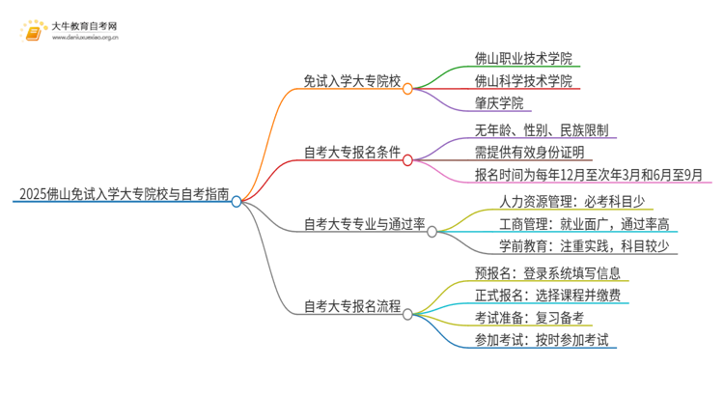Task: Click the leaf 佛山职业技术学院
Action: (523, 57)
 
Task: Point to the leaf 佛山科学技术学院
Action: (523, 80)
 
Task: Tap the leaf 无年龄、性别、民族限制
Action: (542, 128)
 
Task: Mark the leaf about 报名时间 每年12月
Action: (589, 175)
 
